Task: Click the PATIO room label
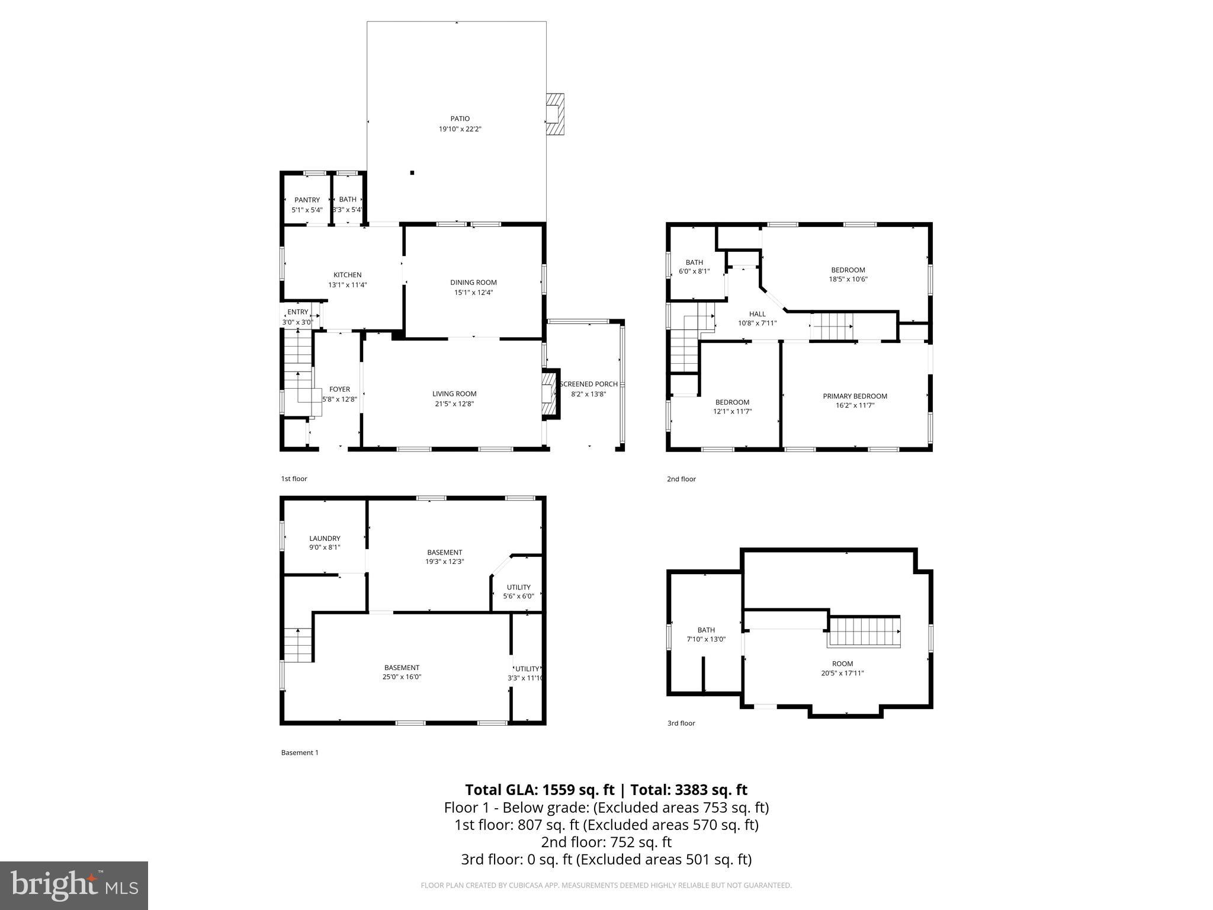(x=460, y=119)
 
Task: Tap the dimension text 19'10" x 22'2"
(x=460, y=129)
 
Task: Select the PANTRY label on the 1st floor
(x=307, y=200)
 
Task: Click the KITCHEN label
(x=347, y=275)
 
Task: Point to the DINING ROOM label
(x=473, y=283)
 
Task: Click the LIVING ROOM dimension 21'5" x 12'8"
(x=454, y=403)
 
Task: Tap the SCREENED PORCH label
(x=589, y=384)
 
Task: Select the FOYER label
(x=339, y=389)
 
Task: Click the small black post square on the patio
(x=412, y=173)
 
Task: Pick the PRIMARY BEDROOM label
(x=855, y=396)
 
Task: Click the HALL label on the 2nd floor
(x=757, y=314)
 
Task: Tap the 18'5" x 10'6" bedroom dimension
(x=848, y=279)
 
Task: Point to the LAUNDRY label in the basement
(x=325, y=539)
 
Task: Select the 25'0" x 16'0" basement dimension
(x=402, y=677)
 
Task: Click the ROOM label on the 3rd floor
(x=842, y=664)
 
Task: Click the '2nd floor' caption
(x=681, y=479)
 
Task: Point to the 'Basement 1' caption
(x=299, y=752)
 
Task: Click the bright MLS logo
(x=74, y=885)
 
